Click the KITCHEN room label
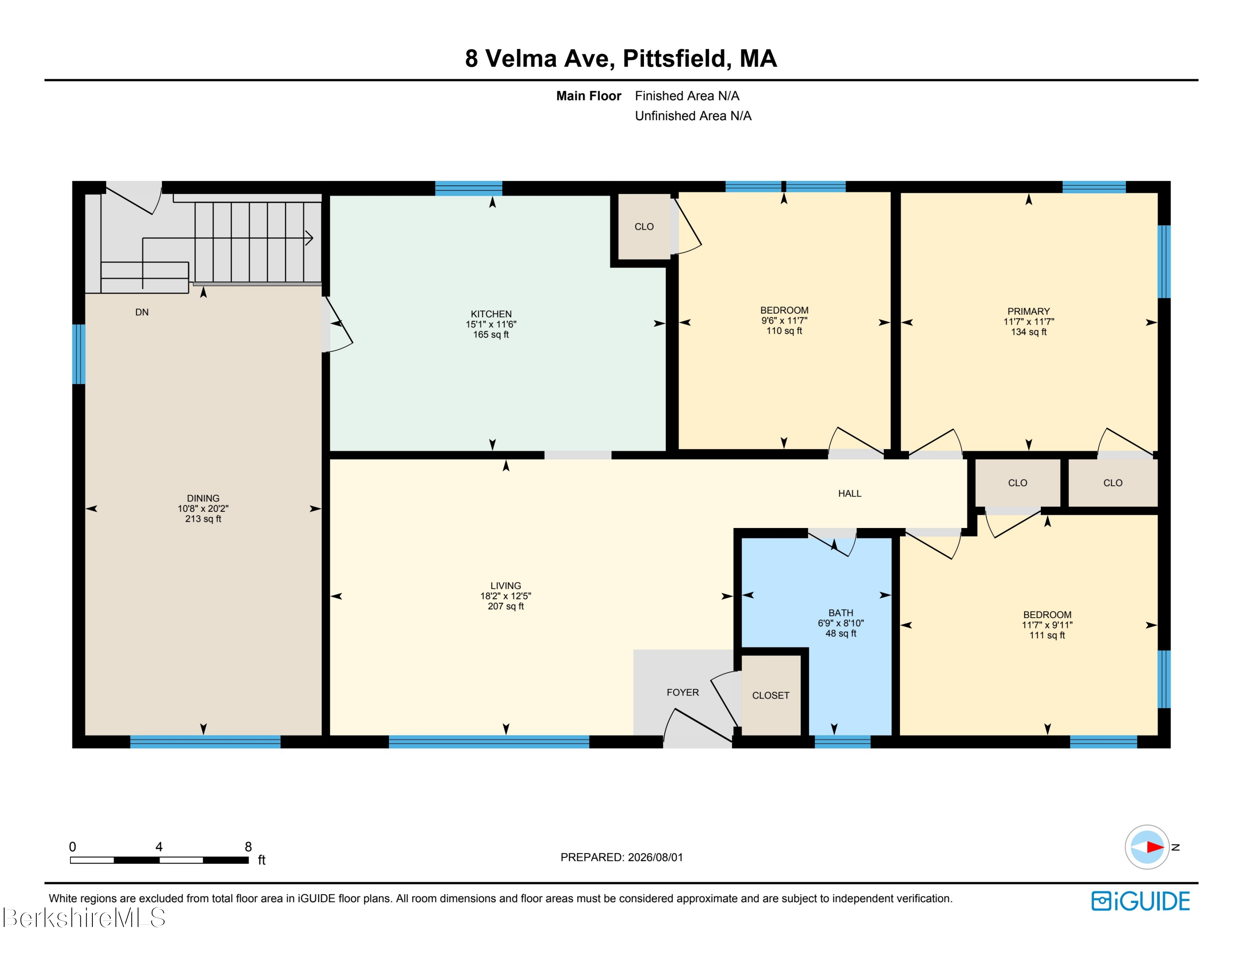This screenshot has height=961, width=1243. [491, 314]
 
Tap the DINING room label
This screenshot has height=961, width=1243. [203, 498]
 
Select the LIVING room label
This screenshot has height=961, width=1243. [505, 586]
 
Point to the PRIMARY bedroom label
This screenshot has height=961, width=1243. [1028, 311]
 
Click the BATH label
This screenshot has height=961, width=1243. [841, 613]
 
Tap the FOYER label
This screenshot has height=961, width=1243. [682, 692]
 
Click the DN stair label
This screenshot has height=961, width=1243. [142, 312]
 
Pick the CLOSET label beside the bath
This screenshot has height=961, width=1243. [771, 695]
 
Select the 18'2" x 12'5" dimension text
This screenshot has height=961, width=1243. [505, 596]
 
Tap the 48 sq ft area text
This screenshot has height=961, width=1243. [841, 633]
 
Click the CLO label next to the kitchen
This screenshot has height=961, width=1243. [644, 227]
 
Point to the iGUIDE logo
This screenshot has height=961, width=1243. [1141, 900]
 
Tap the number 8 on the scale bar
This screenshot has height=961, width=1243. [248, 847]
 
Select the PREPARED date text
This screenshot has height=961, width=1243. [621, 857]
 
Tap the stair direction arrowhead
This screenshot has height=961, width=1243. [310, 238]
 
